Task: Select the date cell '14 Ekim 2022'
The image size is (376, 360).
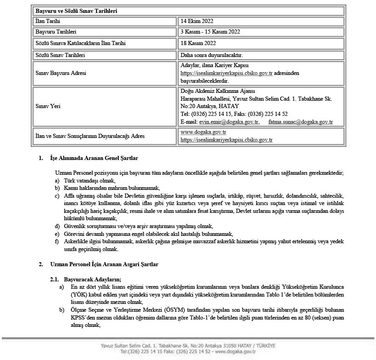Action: (x=197, y=21)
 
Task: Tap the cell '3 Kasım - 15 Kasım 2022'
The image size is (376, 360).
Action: (x=210, y=32)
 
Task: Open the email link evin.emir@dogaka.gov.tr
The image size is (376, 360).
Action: (x=229, y=122)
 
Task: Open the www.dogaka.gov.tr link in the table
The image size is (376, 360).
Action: (x=203, y=132)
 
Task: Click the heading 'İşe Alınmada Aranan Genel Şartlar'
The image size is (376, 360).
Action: (x=94, y=158)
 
